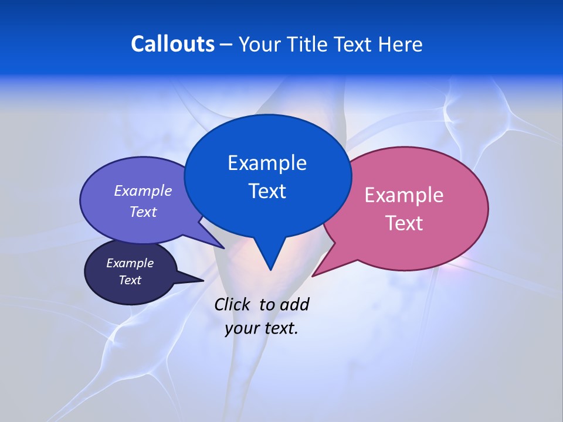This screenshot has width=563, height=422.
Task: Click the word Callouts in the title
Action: tap(172, 44)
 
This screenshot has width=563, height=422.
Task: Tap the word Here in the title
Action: tap(400, 44)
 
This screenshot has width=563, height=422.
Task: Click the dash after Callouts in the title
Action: tap(226, 45)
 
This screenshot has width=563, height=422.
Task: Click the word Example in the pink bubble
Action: tap(404, 195)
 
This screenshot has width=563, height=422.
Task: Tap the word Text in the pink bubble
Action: tap(404, 223)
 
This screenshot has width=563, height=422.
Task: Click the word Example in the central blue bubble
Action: tap(267, 163)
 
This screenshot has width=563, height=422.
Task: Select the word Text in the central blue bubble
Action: tap(267, 191)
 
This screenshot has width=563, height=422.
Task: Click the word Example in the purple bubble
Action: tap(143, 190)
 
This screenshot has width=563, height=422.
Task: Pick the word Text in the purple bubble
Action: tap(143, 212)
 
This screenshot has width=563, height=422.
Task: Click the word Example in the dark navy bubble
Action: tap(130, 263)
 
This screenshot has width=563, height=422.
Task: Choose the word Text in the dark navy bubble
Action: tap(130, 280)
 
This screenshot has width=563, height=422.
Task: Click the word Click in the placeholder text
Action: tap(233, 304)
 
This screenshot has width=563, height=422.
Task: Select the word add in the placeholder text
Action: tap(294, 304)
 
